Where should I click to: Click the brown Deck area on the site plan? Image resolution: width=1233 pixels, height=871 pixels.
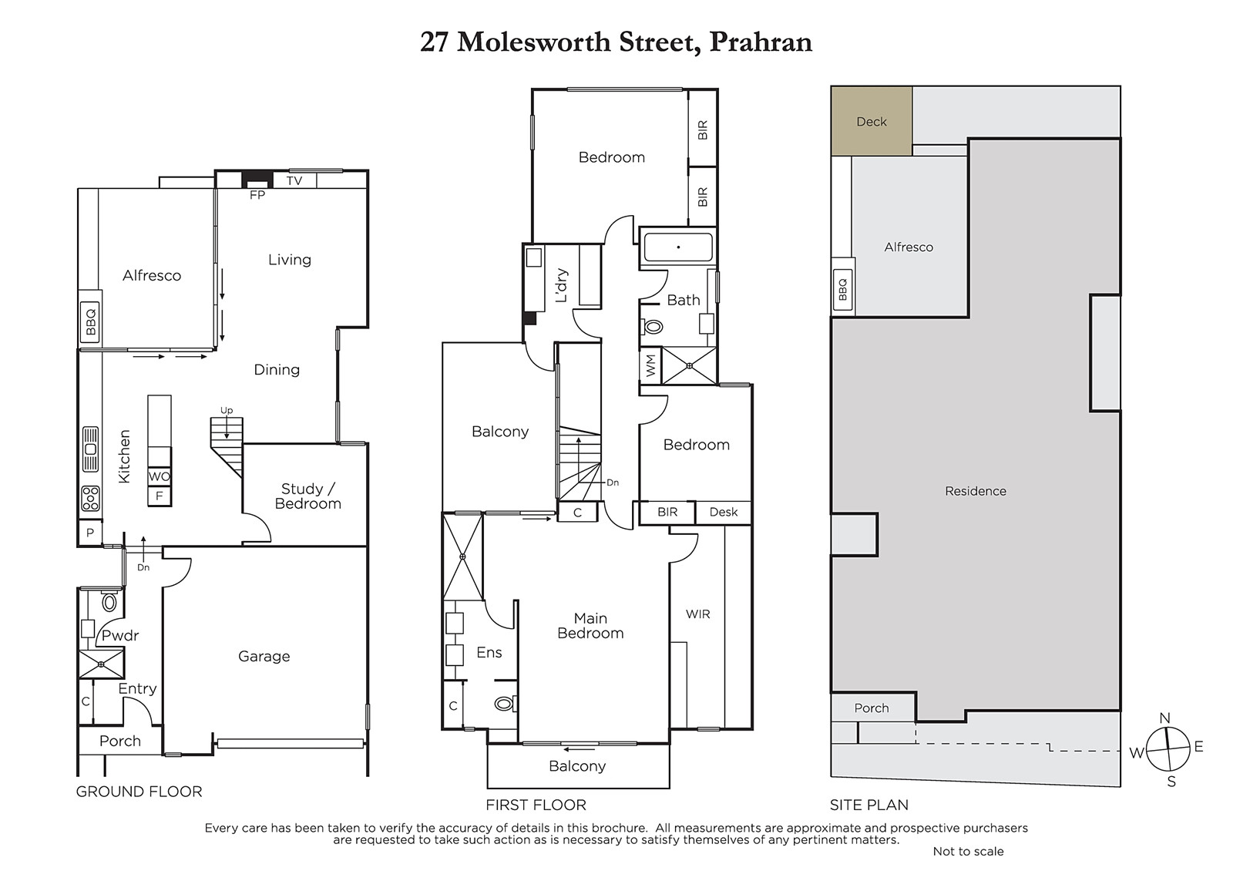[x=872, y=121]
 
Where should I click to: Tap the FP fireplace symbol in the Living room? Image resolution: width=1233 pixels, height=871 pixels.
[x=257, y=180]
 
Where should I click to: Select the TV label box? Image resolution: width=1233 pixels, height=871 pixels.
[x=294, y=180]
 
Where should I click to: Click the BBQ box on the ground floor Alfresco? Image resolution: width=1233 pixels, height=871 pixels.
[x=90, y=322]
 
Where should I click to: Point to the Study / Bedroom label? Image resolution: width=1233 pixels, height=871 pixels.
[x=307, y=496]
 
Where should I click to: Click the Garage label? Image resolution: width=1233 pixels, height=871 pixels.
[x=264, y=656]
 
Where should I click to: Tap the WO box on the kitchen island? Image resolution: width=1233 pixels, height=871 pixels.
[x=159, y=476]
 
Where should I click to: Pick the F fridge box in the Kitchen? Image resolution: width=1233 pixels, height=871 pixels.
[x=159, y=496]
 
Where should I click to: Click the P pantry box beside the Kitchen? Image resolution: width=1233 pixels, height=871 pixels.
[x=90, y=533]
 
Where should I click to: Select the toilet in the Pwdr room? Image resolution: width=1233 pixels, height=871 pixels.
[x=109, y=602]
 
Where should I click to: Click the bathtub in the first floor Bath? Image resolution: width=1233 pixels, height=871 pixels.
[x=678, y=247]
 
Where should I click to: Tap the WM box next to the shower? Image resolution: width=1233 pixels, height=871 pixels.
[x=650, y=365]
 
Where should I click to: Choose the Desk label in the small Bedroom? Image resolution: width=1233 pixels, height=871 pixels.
[x=724, y=512]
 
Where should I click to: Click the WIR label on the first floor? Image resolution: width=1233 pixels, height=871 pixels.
[x=698, y=614]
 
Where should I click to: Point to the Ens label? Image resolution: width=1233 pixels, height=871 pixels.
[x=489, y=652]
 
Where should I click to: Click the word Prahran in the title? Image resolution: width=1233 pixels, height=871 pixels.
[x=761, y=42]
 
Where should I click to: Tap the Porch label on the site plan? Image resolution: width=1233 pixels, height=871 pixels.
[x=872, y=708]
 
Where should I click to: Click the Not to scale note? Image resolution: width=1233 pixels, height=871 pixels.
[x=968, y=851]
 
